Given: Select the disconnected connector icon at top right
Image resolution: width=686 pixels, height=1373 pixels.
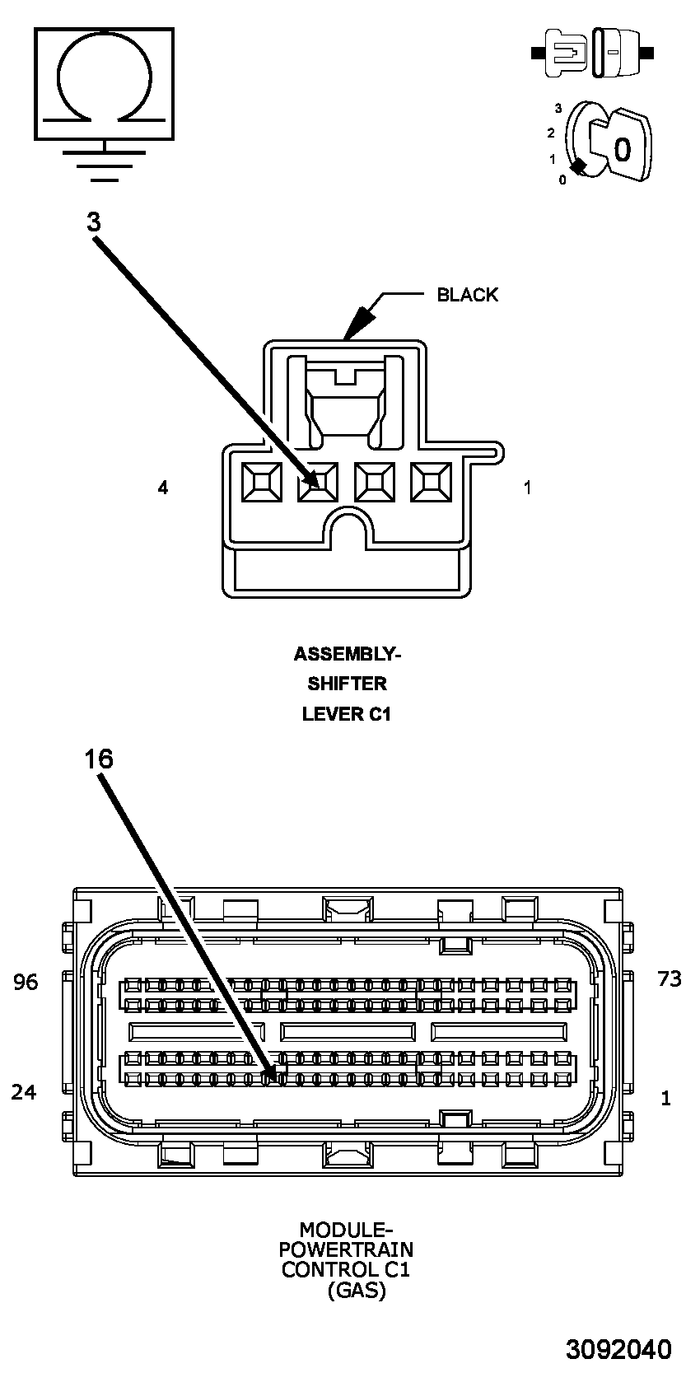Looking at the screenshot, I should coord(593,53).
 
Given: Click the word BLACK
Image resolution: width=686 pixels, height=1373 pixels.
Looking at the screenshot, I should coord(467,295).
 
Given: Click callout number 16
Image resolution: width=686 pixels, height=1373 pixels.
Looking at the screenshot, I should coord(99,759).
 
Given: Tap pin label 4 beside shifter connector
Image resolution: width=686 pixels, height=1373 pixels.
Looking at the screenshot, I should coord(163,488).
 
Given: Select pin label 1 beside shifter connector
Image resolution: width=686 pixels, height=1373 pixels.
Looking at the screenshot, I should coord(527,488).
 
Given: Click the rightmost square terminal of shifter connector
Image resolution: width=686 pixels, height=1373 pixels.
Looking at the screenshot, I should coord(432,482).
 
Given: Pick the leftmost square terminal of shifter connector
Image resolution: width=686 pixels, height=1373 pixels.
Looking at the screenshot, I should coord(261,482).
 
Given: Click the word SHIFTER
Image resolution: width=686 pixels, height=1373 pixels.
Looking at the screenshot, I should coord(347,684).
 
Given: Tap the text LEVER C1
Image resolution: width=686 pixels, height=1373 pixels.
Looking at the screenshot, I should coord(346,714).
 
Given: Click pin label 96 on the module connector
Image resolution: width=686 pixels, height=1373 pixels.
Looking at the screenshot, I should coord(26,982).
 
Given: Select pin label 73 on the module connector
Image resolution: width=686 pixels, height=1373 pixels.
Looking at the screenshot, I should coord(669,978).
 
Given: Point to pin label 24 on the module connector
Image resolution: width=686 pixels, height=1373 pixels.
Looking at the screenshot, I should coord(24,1092).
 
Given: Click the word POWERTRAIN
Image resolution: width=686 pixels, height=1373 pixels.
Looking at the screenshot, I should coord(345,1249).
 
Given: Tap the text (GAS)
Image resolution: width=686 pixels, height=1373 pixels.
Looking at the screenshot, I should coord(357,1290).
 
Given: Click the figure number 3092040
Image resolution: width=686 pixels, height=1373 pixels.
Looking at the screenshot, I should coord(618,1349).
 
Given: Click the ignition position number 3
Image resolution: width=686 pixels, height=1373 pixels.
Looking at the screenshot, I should coord(558,108).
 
